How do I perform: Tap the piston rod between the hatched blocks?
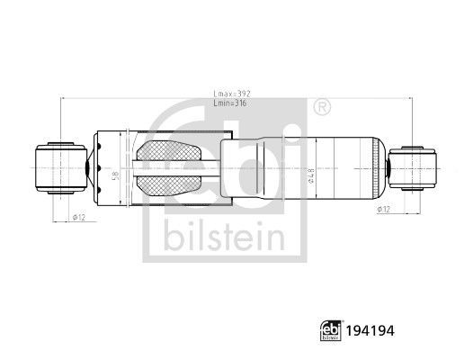[171, 167]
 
